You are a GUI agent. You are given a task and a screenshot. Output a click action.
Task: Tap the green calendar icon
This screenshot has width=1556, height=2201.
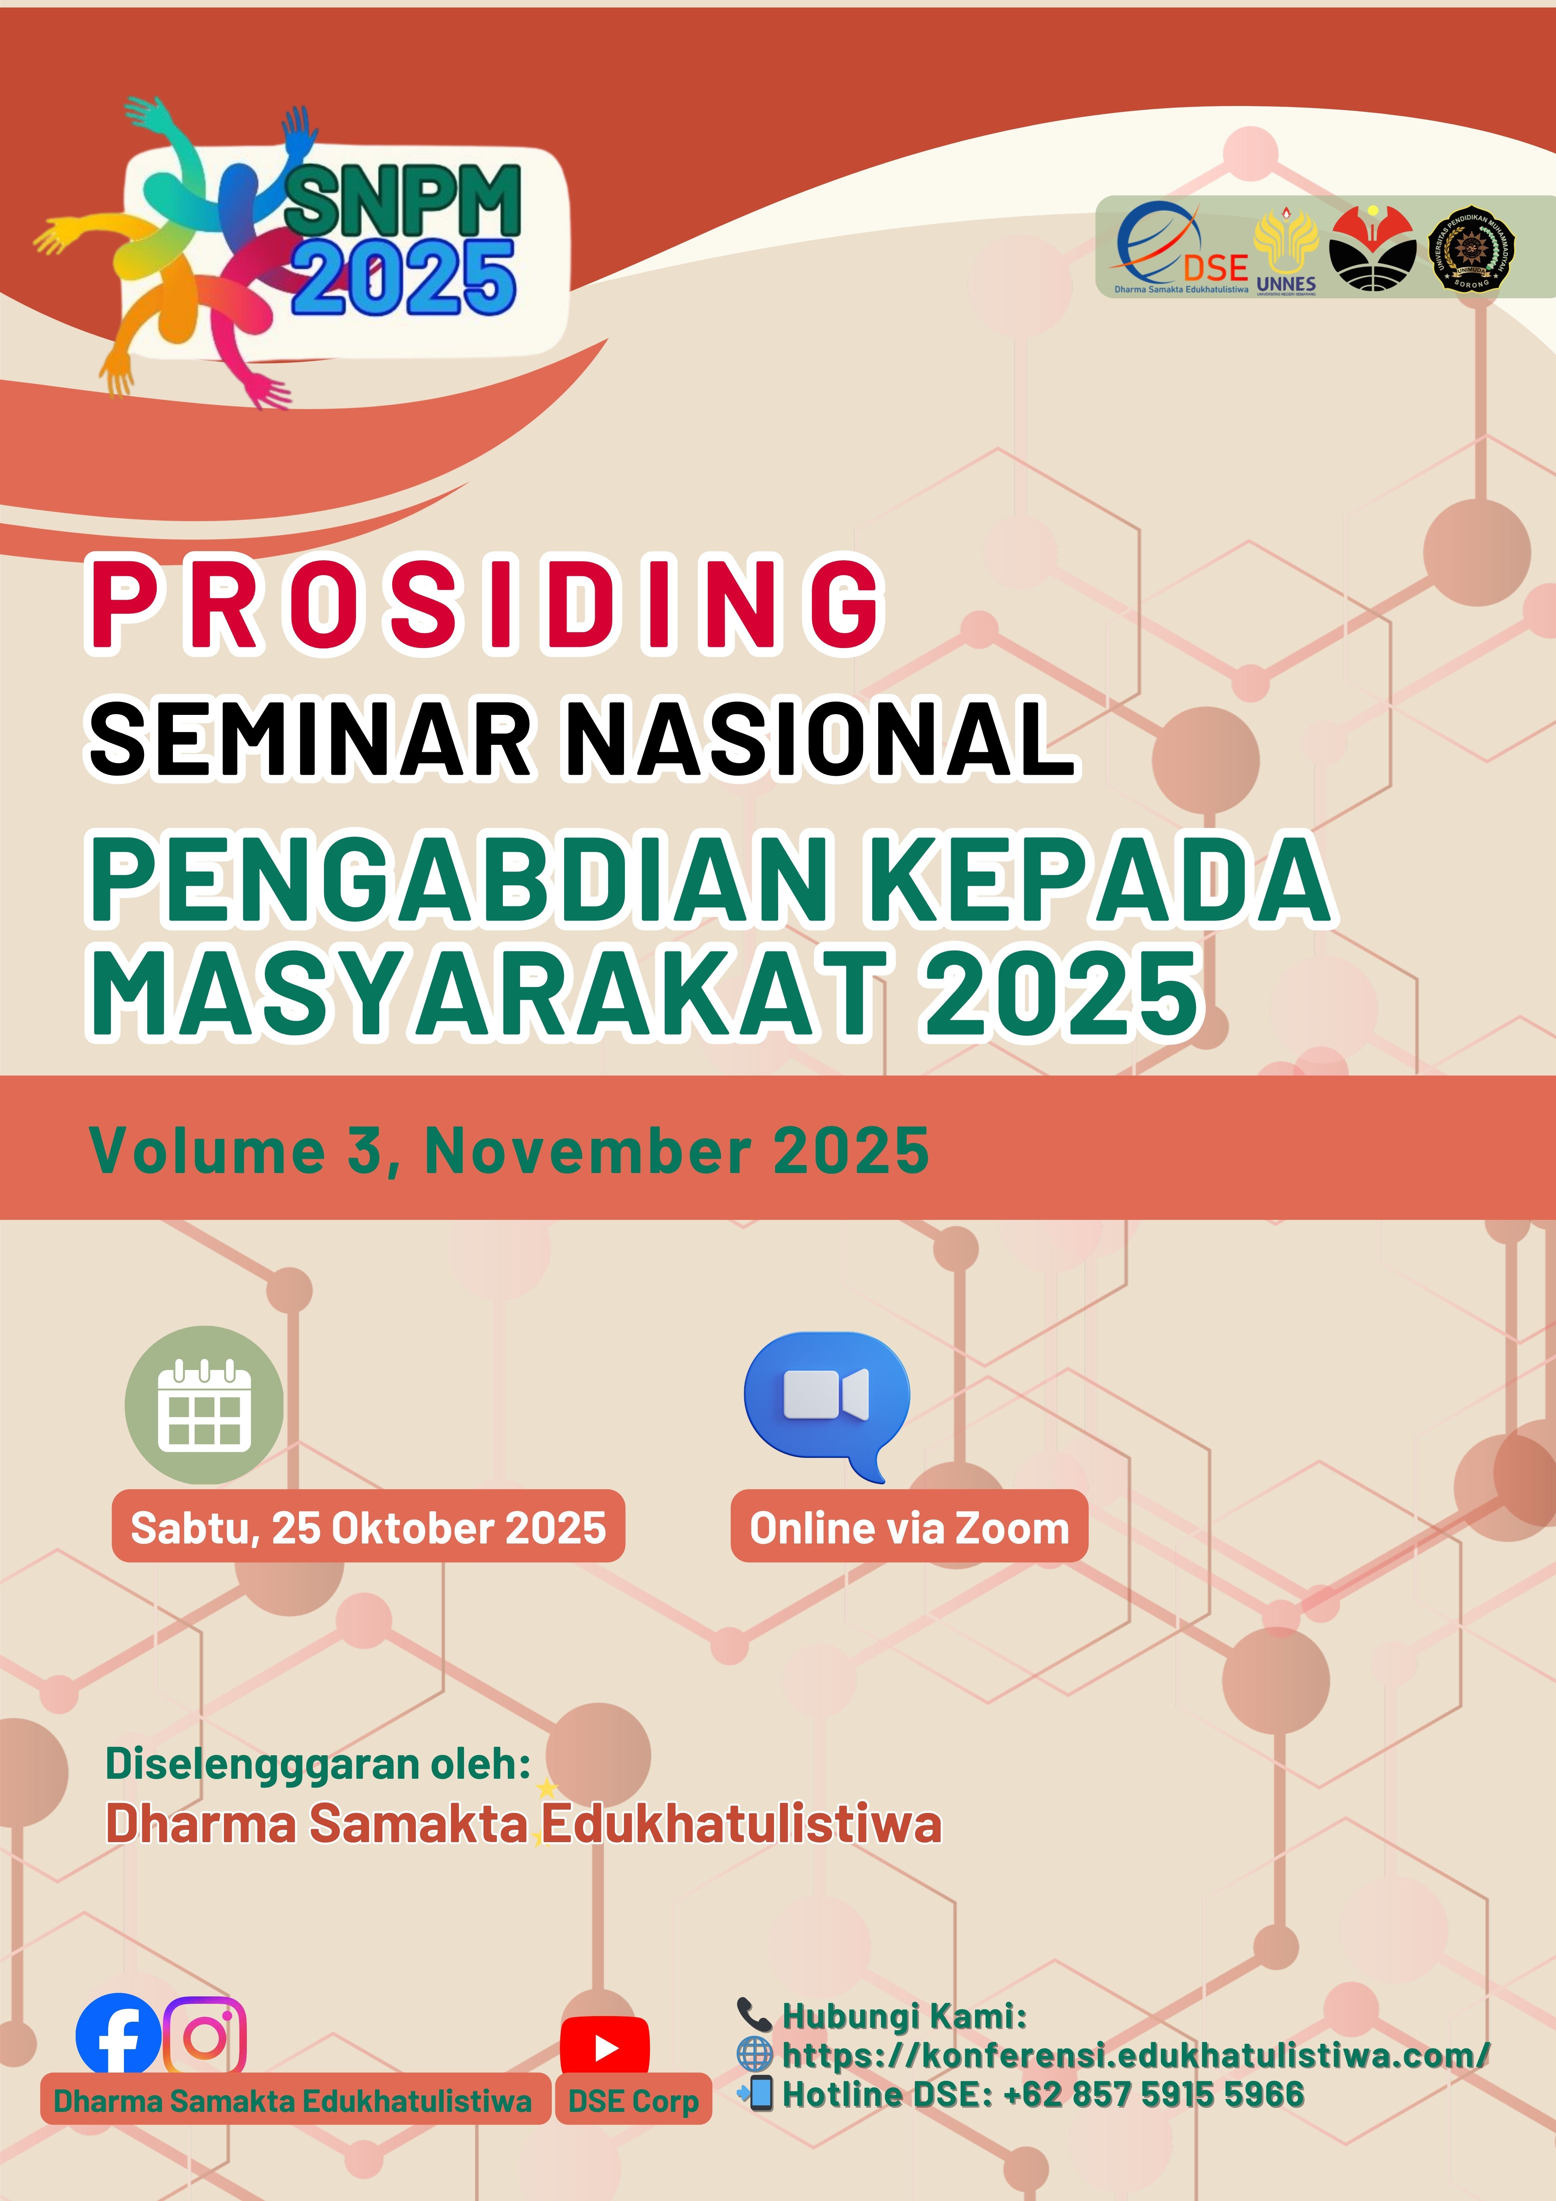204,1405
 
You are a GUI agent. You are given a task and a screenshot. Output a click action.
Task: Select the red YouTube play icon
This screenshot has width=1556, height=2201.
605,2049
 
